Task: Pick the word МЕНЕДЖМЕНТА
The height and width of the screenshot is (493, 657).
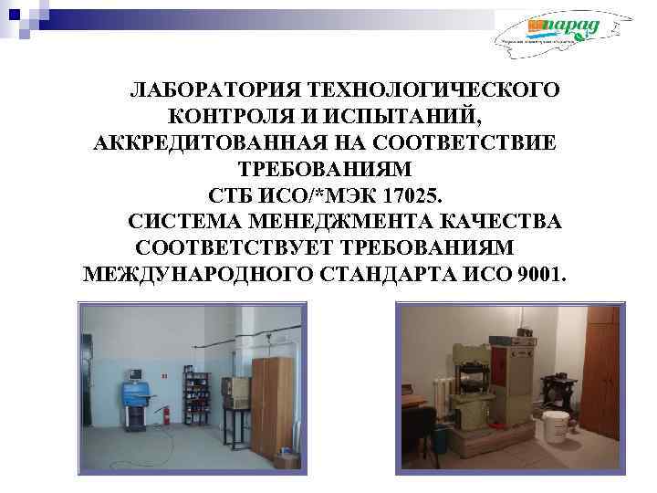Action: click(349, 222)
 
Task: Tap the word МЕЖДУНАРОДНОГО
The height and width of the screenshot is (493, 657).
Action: click(199, 275)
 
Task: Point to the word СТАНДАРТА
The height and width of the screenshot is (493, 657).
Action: click(401, 275)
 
